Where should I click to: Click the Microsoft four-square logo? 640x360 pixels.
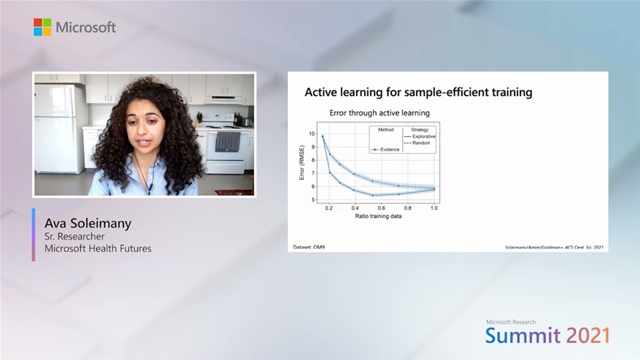coord(43,27)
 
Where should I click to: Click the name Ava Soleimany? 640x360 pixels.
coord(88,223)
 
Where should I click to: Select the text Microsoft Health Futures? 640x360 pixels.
coord(97,249)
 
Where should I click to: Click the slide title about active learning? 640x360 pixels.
coord(418,92)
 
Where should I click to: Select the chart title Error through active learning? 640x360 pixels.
coord(379,113)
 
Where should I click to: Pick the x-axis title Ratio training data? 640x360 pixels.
coord(378,216)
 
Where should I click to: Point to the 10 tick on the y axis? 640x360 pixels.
coord(311,134)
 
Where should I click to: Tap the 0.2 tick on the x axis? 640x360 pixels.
coord(329,208)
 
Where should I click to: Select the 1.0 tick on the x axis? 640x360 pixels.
coord(433,208)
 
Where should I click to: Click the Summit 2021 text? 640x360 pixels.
coord(547,335)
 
